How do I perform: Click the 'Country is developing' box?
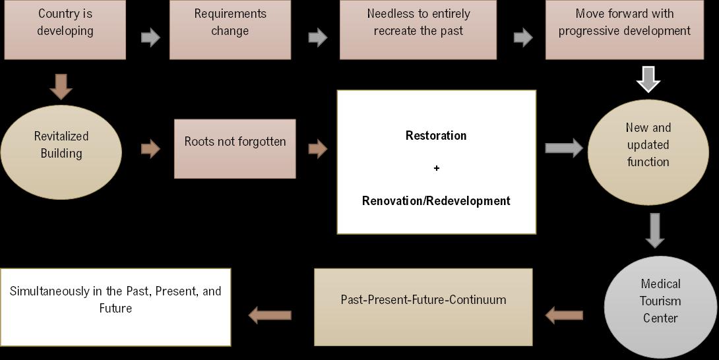(x=65, y=29)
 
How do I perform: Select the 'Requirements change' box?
(x=230, y=29)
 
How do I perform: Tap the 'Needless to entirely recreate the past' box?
(x=418, y=29)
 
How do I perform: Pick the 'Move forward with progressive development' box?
(x=624, y=29)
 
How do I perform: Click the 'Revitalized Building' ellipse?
(x=61, y=152)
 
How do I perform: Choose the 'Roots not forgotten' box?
(x=235, y=148)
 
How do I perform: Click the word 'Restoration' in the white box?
(x=436, y=136)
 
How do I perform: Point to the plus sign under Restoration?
(x=436, y=168)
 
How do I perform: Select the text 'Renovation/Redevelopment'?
(x=436, y=201)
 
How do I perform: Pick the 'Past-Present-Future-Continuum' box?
(x=423, y=307)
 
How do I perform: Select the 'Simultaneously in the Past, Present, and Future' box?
(x=115, y=307)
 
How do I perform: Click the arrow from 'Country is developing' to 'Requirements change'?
(x=150, y=37)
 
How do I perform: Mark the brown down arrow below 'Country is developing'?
(x=61, y=86)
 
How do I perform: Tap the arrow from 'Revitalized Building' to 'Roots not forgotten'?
(x=150, y=149)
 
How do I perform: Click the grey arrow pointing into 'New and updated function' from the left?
(x=563, y=148)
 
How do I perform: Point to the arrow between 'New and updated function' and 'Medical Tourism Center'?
(x=654, y=230)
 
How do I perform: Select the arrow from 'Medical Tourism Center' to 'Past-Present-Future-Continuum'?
(x=564, y=316)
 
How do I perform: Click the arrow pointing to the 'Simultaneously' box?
(x=270, y=316)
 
